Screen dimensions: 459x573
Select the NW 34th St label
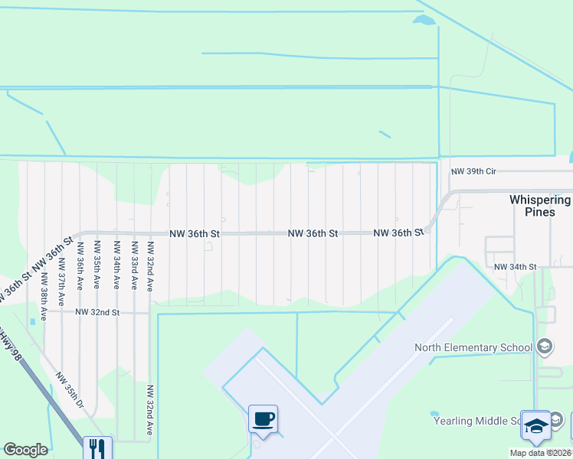(516, 267)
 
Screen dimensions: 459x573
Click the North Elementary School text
(473, 347)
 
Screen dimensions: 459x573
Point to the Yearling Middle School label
(479, 421)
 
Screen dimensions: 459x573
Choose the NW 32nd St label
(97, 312)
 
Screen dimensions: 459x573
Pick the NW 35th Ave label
(97, 264)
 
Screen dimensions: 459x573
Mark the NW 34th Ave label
(116, 264)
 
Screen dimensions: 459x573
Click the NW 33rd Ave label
(134, 264)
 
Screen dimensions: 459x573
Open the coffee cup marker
(263, 419)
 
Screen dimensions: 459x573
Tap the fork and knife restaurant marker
(97, 448)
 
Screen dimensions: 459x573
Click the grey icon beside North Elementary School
(545, 347)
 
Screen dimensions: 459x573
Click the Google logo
(25, 450)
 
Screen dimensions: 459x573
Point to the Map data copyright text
(541, 453)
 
